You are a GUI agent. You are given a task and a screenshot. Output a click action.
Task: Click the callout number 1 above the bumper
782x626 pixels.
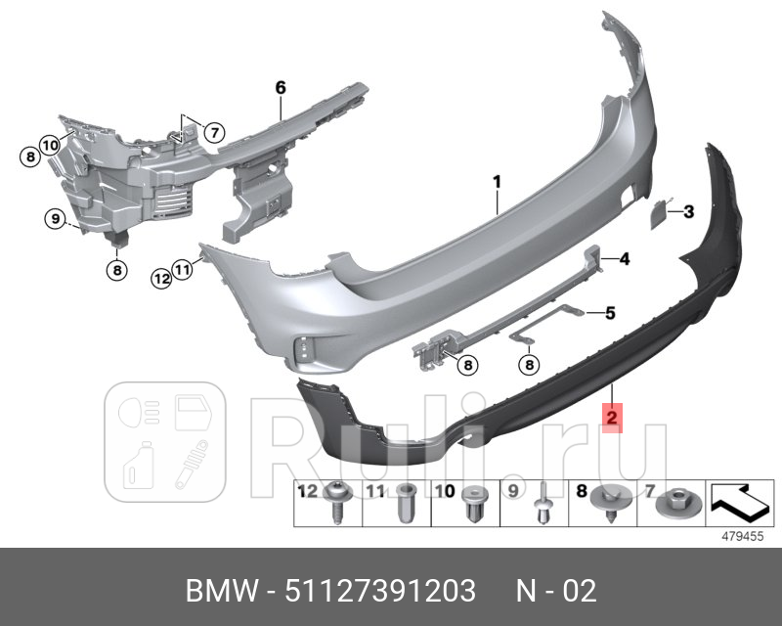[497, 181]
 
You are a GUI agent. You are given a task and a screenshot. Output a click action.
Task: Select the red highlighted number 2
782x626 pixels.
[610, 420]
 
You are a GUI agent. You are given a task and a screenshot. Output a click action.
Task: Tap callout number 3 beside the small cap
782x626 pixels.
[688, 211]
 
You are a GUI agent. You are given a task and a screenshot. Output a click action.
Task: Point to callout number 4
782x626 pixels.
[625, 259]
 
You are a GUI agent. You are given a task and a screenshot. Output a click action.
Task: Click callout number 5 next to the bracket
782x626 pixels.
[609, 313]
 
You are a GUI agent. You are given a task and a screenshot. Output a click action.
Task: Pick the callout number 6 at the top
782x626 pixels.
[281, 88]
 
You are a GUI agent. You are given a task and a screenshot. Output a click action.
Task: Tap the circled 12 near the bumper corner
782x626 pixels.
[161, 278]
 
